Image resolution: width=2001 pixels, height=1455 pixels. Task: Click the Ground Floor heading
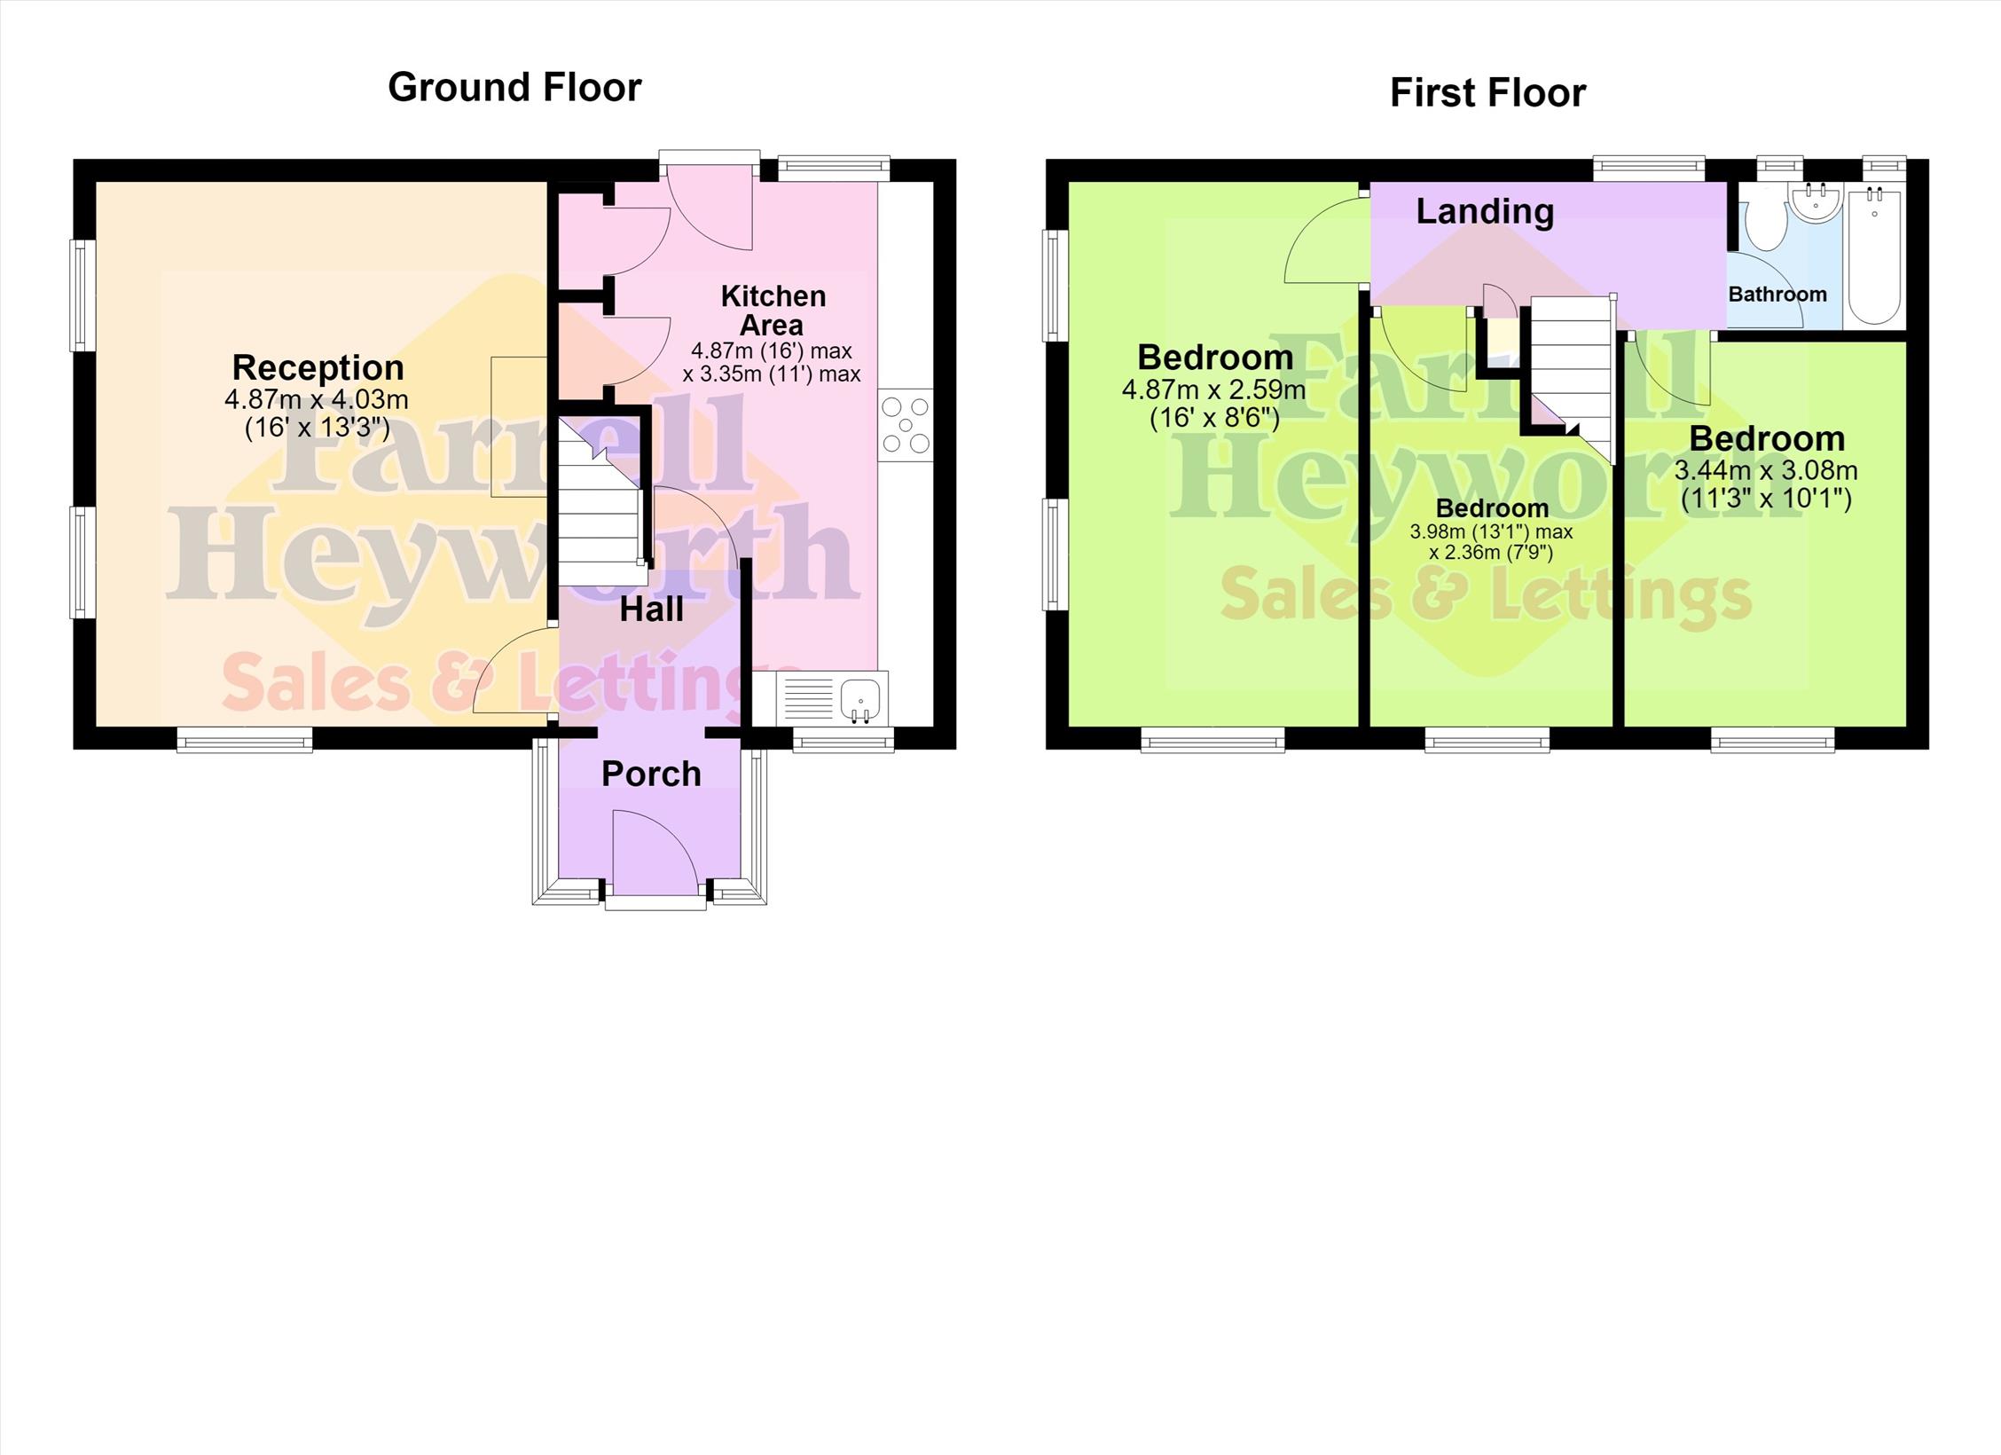tap(514, 88)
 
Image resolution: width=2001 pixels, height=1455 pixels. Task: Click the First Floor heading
tap(1487, 93)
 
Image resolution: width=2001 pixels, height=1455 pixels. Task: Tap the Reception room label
tap(318, 367)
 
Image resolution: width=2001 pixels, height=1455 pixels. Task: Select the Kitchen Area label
tap(773, 311)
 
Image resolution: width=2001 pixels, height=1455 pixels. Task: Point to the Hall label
tap(651, 610)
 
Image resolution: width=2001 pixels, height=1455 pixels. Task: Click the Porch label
tap(651, 774)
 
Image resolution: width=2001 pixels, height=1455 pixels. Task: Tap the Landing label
tap(1485, 211)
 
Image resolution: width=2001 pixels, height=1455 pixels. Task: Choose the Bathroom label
tap(1777, 295)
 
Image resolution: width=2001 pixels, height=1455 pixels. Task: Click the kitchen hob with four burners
tap(906, 425)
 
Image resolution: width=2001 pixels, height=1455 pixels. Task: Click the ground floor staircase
tap(600, 501)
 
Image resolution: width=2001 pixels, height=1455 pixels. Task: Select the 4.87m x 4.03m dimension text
tap(317, 400)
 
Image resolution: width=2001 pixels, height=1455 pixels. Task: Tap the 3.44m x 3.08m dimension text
tap(1766, 470)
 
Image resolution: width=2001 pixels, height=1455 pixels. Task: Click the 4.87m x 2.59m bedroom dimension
tap(1213, 389)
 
